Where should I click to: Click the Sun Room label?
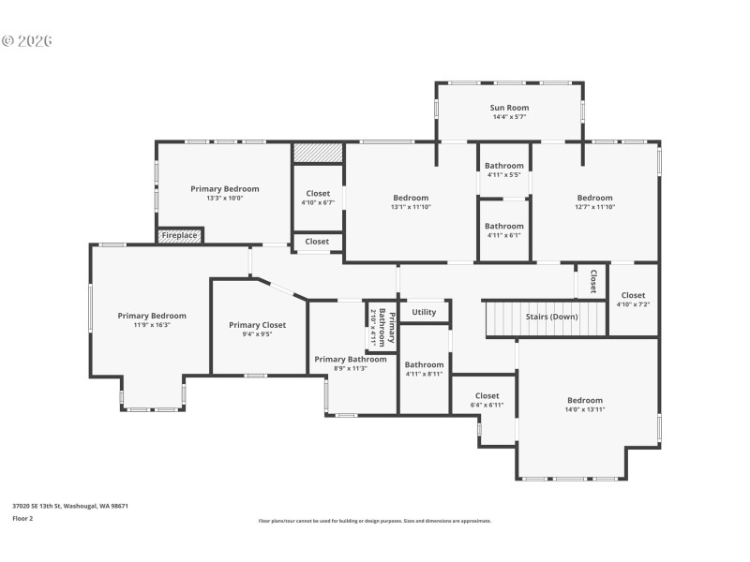tap(510, 108)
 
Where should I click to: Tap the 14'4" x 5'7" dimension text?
tap(510, 118)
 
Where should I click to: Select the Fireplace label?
tap(179, 235)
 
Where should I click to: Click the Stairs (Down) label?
tap(551, 317)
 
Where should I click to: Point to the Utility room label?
tap(424, 312)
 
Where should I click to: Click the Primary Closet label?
tap(257, 325)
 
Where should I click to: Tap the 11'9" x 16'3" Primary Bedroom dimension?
tap(152, 326)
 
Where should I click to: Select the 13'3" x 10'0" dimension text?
tap(224, 199)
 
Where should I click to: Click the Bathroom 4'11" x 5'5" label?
tap(504, 166)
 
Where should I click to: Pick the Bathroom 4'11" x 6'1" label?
tap(504, 226)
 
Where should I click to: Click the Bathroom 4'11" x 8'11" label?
tap(424, 364)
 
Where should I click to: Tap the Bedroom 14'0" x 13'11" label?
tap(585, 400)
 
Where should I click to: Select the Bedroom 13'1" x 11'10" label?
tap(411, 198)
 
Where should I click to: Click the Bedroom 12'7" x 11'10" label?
tap(594, 198)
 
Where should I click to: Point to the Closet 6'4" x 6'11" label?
tap(487, 395)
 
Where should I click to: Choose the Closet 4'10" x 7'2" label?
tap(633, 295)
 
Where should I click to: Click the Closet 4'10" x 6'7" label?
tap(318, 193)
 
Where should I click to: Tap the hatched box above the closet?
tap(318, 152)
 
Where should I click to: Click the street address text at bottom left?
tap(70, 506)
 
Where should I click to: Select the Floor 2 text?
tap(22, 517)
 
